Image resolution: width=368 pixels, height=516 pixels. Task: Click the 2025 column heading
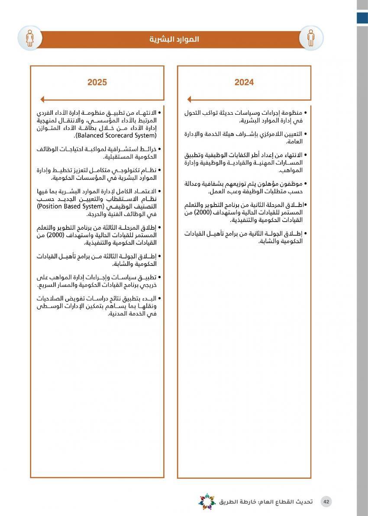tap(97, 82)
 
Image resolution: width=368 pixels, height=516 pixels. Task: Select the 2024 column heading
tap(244, 82)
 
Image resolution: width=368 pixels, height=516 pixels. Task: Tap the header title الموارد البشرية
tap(174, 39)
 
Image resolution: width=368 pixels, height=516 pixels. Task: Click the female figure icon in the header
tap(30, 38)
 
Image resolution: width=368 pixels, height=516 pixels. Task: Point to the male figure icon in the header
tap(311, 38)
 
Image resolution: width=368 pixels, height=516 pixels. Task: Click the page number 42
tap(326, 502)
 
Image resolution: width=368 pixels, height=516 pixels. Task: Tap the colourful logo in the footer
tap(207, 501)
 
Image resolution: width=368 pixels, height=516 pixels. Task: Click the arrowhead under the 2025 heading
tap(42, 99)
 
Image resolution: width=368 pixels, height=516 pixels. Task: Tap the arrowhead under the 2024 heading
tap(189, 99)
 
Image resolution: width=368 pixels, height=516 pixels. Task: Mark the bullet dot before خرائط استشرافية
tap(160, 149)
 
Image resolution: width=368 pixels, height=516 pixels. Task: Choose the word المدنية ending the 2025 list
tap(119, 314)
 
